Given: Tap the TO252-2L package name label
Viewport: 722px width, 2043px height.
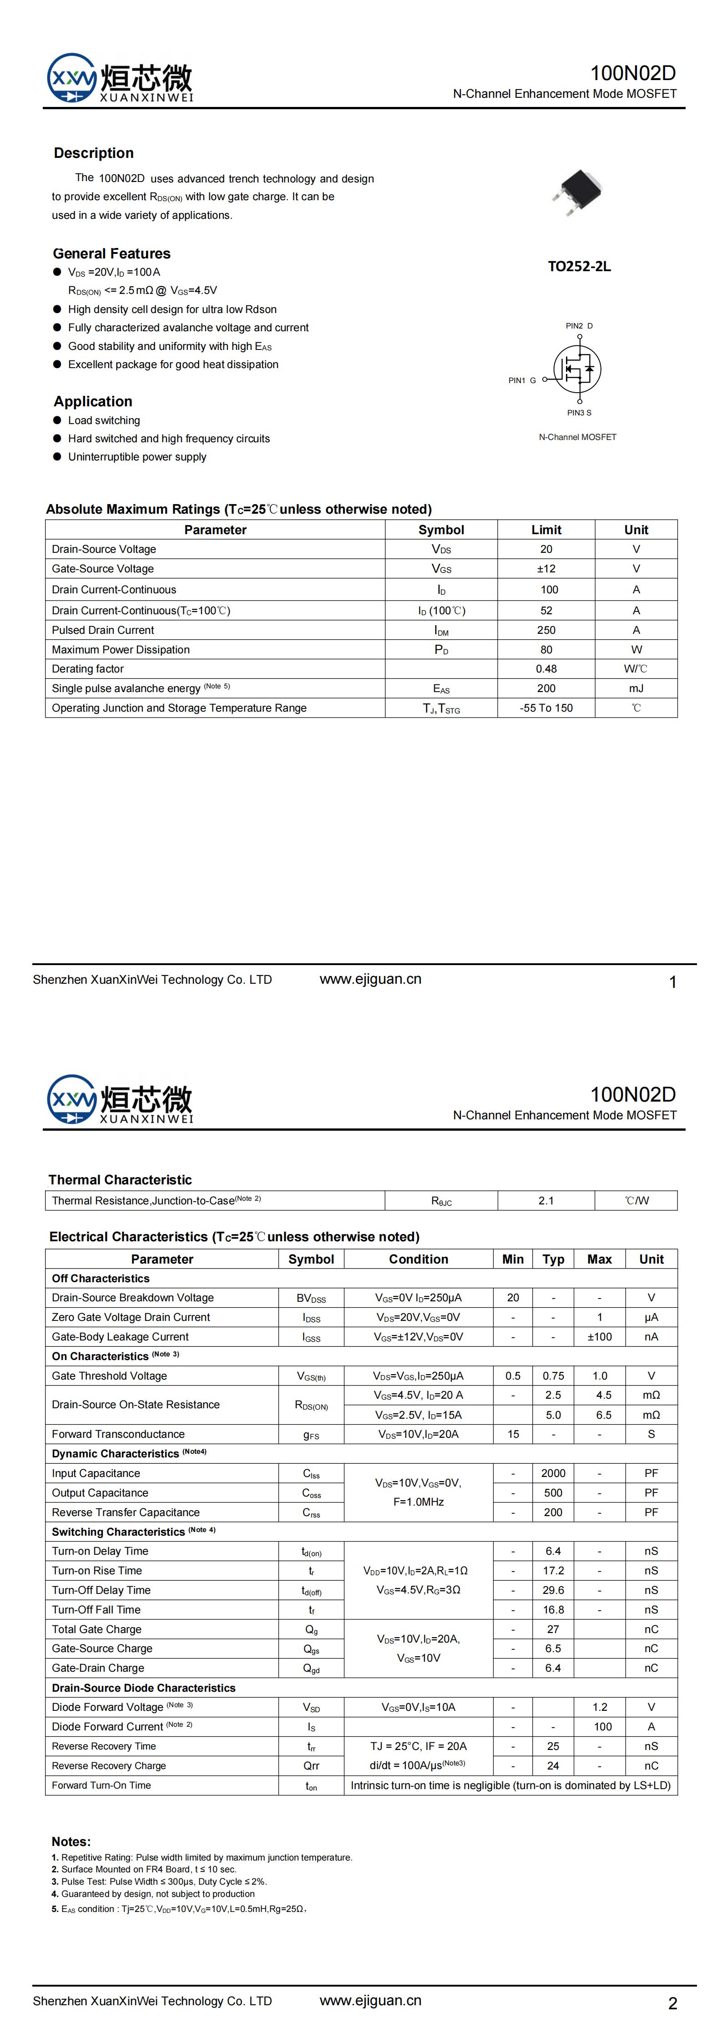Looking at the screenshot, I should (579, 267).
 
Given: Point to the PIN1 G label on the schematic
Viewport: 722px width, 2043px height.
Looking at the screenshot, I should (522, 381).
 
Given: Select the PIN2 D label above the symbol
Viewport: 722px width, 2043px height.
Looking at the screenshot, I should (579, 326).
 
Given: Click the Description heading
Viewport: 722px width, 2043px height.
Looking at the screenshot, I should (94, 153).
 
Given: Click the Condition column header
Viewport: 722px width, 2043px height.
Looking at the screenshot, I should (418, 1259).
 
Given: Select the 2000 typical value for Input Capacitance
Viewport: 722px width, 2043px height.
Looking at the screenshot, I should (553, 1474).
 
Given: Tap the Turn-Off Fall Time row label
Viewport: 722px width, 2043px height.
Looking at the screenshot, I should (96, 1610).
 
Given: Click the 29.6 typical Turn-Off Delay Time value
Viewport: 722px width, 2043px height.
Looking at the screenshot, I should (553, 1590).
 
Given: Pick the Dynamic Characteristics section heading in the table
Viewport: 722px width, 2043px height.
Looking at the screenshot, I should (116, 1454).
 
